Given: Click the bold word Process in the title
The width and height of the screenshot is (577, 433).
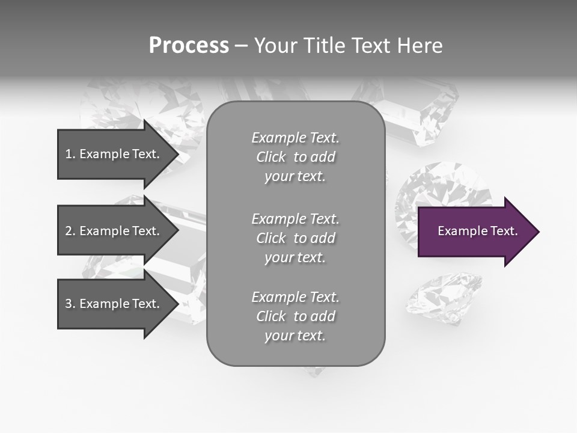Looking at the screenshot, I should coord(189,46).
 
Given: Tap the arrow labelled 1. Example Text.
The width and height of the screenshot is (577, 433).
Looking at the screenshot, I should coord(114,154).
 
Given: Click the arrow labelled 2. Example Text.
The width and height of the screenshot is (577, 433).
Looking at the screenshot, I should coord(114,231).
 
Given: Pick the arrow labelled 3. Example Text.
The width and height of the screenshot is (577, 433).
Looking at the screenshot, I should coord(114,304).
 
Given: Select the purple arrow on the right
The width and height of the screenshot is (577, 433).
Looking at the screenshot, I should coord(475,232).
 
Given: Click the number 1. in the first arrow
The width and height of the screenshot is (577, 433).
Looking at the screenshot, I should coord(70,154).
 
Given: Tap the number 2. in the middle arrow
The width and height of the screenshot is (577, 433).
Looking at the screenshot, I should coord(70,231).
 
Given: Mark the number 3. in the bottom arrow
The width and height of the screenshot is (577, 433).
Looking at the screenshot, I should coord(70,304).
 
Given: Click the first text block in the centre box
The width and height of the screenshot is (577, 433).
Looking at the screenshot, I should coord(295,157).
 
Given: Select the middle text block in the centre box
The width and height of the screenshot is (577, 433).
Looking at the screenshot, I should coord(295,238).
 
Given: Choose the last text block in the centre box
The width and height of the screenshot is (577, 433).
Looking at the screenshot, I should coord(295,316).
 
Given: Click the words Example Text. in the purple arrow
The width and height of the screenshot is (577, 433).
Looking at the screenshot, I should coord(477,231).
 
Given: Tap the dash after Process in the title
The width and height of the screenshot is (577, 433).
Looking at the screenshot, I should coord(241,46).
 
